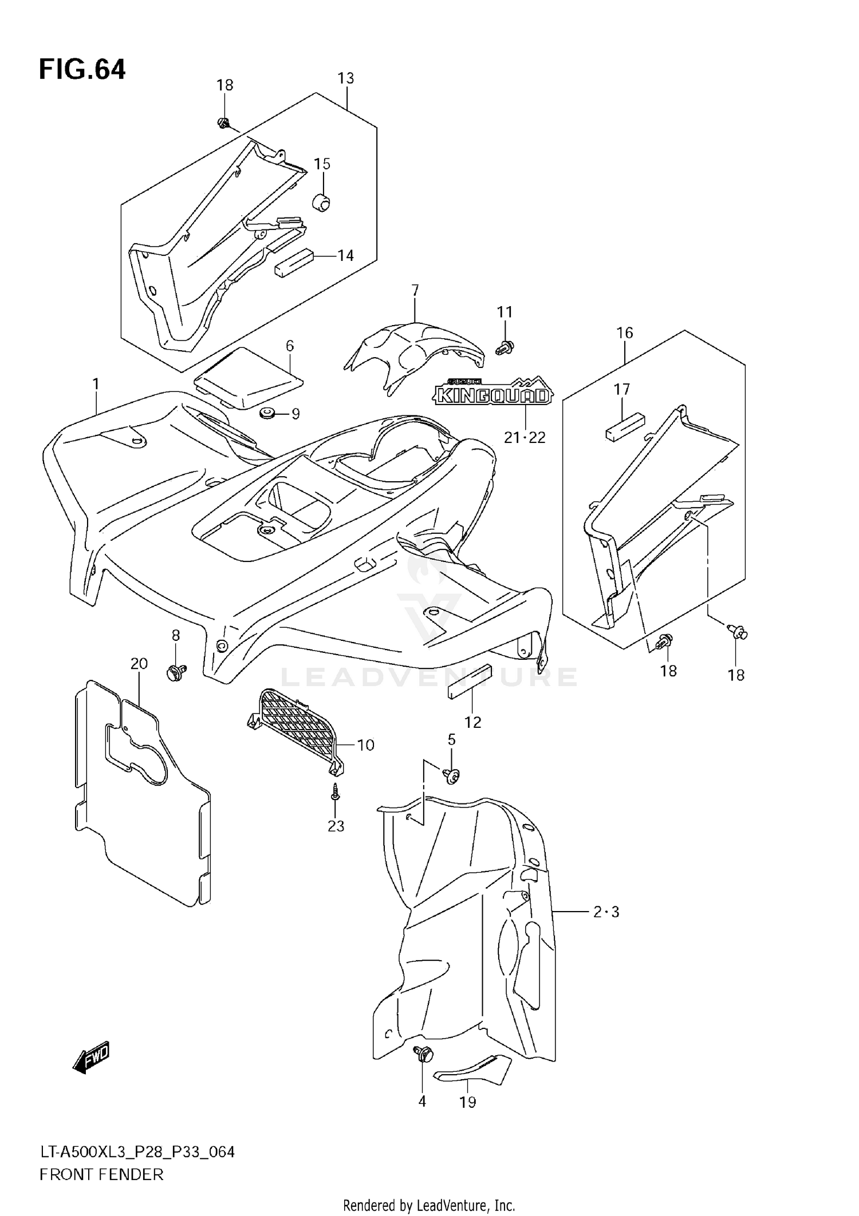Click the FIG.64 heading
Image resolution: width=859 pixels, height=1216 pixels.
point(82,70)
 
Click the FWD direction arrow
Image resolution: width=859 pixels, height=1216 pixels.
point(91,1059)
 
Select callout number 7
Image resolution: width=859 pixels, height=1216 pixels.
point(415,290)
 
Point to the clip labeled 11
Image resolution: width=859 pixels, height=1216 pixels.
point(505,346)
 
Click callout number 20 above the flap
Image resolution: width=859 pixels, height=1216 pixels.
point(139,663)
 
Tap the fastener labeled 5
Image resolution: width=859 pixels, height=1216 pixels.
point(452,775)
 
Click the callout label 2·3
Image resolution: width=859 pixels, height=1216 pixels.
point(606,912)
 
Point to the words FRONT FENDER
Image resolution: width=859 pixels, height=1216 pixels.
point(101,1175)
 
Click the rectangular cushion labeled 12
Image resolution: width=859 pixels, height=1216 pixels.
point(470,682)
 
